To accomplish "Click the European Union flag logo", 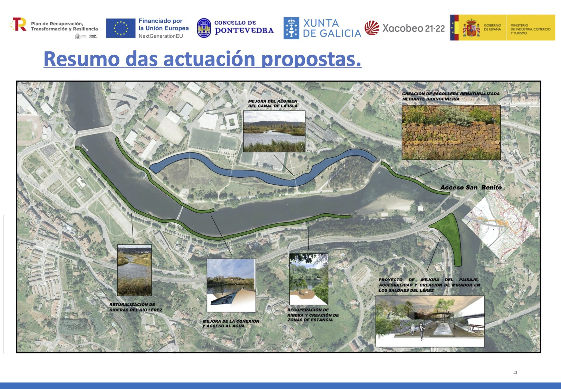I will coord(120,28).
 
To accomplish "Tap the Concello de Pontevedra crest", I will coord(204,28).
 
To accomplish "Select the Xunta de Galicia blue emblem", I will coord(291,28).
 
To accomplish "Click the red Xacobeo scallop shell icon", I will coord(372,28).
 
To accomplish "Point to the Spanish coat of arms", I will coord(471,28).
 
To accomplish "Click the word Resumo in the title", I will coord(81,59).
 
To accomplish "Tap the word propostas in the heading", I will coord(311,59).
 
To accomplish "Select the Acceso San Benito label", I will coord(471,187).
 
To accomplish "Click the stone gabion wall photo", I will coord(451,132).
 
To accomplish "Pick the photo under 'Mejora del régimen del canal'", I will coord(274,131).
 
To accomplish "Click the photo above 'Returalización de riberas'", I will coord(134,270).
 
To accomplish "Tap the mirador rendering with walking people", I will coord(430,321).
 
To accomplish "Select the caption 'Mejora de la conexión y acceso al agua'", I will coord(231,323).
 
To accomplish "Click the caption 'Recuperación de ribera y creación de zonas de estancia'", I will coord(313,315).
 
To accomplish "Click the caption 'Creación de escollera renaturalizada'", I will coord(450,96).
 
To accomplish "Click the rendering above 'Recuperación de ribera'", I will coord(308,279).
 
